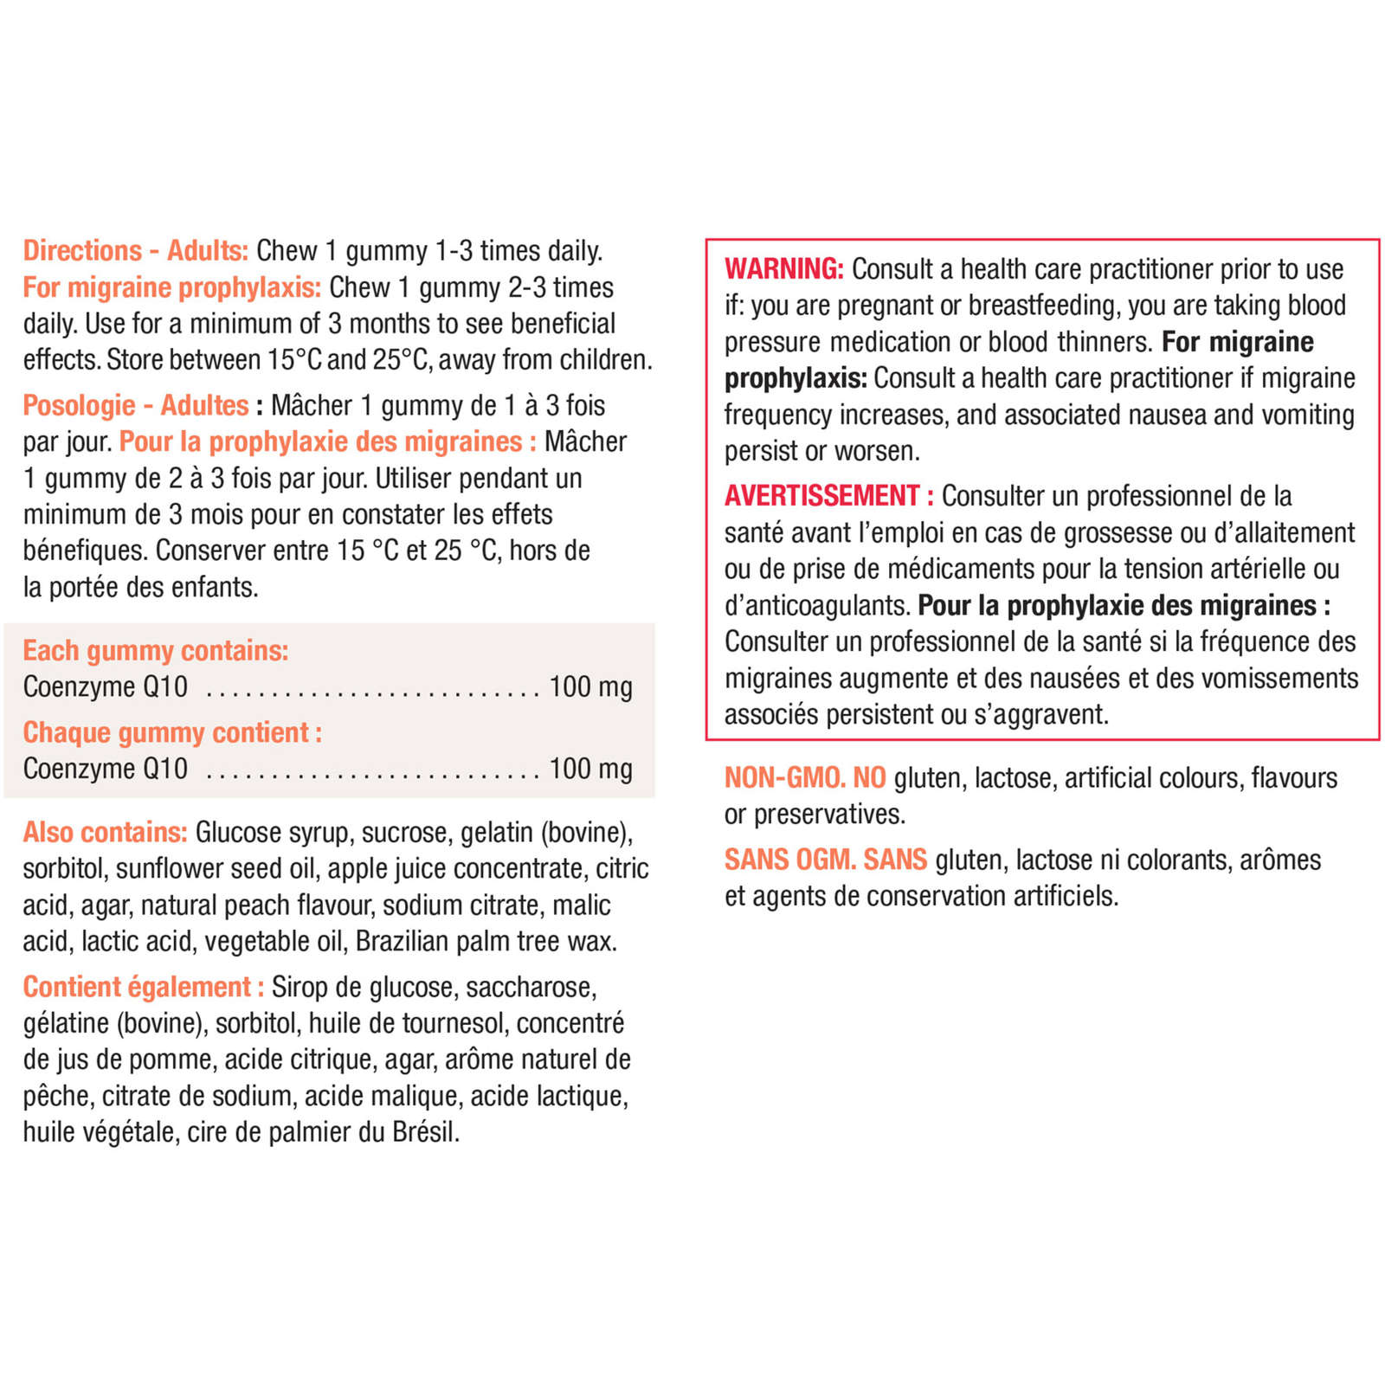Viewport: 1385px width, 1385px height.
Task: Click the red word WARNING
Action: click(783, 269)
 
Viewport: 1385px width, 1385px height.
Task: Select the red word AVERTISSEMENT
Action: click(821, 496)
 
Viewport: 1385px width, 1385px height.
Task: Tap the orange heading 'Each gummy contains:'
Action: click(156, 650)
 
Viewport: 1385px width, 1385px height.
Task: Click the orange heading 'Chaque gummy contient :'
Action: click(172, 732)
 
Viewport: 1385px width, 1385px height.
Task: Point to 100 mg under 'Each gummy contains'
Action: click(590, 686)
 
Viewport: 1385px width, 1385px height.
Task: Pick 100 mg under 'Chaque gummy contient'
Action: click(590, 769)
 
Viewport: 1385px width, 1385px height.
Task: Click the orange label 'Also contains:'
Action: click(105, 832)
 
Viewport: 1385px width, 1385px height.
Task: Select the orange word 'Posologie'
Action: click(79, 405)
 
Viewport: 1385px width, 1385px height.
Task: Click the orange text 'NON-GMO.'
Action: click(784, 778)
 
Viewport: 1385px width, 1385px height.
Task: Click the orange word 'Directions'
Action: click(82, 250)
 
